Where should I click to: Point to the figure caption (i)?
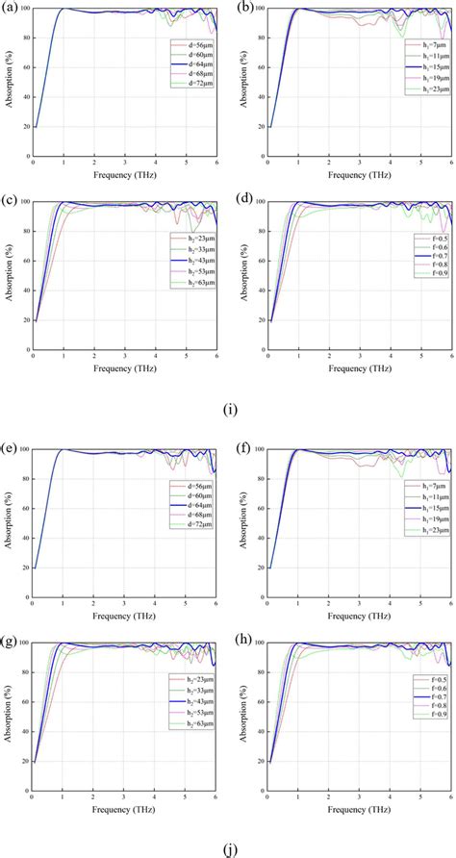click(230, 409)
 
